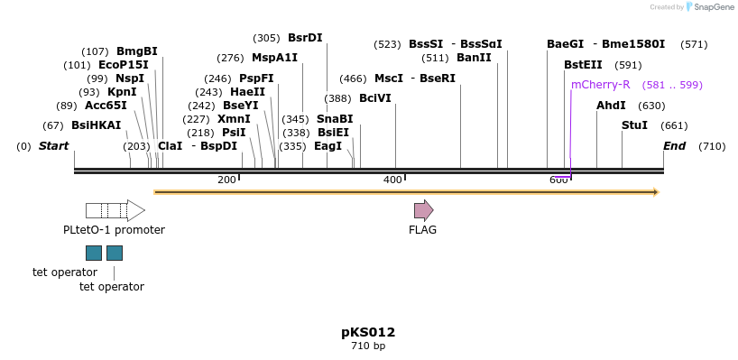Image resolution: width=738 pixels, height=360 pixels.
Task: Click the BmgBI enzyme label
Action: [136, 51]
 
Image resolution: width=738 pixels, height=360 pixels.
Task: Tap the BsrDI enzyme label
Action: [304, 38]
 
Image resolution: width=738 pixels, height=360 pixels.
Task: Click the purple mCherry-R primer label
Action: [600, 85]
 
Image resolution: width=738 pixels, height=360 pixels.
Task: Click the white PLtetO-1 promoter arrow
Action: [115, 211]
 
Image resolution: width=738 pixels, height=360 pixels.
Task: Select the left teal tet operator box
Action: [94, 253]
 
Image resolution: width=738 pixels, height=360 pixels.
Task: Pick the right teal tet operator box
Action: [115, 253]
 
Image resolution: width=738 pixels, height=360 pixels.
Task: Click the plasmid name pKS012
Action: [368, 332]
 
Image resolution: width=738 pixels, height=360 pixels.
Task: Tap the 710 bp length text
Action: [368, 346]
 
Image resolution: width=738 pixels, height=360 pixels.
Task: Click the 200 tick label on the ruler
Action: [226, 180]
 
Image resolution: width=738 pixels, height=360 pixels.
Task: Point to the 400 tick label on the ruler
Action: [392, 180]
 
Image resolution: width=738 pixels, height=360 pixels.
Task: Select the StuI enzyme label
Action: [634, 125]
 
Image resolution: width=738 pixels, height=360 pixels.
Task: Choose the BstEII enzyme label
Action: [583, 65]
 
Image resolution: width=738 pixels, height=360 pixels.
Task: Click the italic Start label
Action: [53, 146]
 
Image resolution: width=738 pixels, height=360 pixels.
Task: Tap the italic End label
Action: [674, 146]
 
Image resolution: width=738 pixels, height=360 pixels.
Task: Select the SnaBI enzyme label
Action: [334, 119]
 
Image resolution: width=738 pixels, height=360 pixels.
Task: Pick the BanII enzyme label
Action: [474, 58]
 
